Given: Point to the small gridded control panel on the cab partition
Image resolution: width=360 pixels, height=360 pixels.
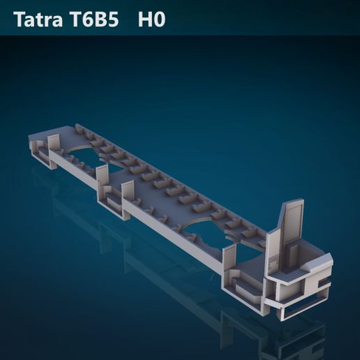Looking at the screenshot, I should pyautogui.click(x=273, y=262).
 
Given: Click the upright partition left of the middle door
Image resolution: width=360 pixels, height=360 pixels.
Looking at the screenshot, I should pyautogui.click(x=102, y=179).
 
